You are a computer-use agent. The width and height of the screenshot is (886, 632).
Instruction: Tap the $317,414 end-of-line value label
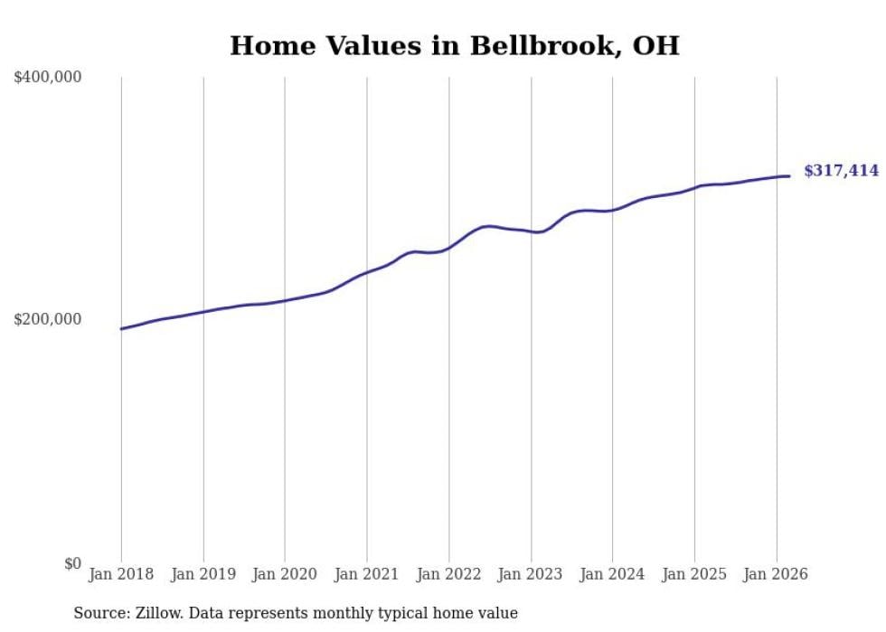[841, 170]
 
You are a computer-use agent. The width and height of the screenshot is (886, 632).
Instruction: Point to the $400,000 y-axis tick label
[48, 78]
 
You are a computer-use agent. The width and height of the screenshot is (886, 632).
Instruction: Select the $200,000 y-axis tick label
[48, 319]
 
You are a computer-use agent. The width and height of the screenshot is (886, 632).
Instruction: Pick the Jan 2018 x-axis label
[121, 574]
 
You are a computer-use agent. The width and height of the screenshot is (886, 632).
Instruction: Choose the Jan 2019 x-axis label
[203, 574]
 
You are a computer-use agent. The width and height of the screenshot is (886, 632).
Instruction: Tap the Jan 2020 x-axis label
[285, 574]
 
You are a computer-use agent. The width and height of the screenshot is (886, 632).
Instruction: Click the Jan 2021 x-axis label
[367, 574]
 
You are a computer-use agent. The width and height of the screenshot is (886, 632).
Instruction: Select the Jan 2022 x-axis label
[448, 574]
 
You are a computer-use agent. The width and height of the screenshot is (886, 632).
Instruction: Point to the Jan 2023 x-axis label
[531, 574]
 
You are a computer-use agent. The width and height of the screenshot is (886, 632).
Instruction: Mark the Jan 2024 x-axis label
[612, 574]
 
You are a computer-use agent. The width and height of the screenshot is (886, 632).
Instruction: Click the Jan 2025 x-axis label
[694, 574]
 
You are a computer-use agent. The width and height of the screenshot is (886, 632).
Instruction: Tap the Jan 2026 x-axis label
[776, 574]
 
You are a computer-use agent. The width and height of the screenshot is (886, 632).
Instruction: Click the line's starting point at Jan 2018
[121, 328]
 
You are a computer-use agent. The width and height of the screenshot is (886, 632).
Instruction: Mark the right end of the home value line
[789, 176]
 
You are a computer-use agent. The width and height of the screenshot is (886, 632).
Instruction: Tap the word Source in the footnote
[98, 613]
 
